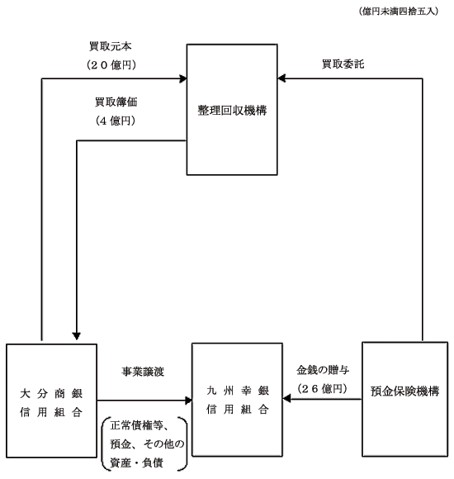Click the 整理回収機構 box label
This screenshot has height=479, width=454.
tap(232, 111)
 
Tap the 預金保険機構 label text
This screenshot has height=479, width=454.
tap(404, 391)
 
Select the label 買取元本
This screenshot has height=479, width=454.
tap(111, 46)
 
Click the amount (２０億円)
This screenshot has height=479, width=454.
tap(111, 64)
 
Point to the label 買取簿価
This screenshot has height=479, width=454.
tap(116, 102)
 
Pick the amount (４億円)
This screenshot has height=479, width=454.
tap(116, 121)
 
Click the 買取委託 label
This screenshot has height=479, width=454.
tap(343, 64)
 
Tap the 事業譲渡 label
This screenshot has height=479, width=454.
tap(143, 372)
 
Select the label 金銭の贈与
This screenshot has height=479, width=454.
tap(323, 370)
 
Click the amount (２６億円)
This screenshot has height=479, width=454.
tap(323, 389)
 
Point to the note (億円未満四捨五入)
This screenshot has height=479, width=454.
tap(399, 12)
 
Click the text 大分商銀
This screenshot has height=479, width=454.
tap(51, 393)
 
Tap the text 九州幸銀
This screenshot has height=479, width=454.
tap(238, 391)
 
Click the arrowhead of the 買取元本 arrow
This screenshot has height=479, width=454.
tap(183, 78)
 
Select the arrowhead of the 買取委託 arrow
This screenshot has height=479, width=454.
tap(281, 78)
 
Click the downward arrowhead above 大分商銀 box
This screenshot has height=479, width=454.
tap(77, 336)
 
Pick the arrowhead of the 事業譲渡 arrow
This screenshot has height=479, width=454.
tap(189, 401)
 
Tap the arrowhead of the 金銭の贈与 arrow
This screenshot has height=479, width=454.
tap(286, 399)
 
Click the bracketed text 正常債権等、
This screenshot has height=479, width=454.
tap(140, 425)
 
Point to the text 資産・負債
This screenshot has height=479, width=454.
tap(136, 462)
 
